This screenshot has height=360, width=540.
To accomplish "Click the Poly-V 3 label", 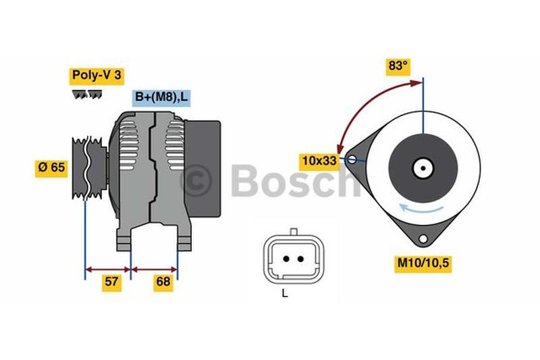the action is pos(97,76).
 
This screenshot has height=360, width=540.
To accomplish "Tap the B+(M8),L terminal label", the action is pos(161,97).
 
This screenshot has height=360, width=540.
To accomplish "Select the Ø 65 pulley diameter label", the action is pos(51,168).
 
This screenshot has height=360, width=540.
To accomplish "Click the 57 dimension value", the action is pos(111,282).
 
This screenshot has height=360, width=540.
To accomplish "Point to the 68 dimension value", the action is pos(163,282).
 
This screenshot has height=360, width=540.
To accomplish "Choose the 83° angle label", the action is pos(398,66).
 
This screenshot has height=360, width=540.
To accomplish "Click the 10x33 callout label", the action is pos(319,161).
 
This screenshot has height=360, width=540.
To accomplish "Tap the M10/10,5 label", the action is pos(423,263).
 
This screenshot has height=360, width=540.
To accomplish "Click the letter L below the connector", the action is pos(284,294).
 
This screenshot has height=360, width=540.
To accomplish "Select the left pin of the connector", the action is pos(286,259).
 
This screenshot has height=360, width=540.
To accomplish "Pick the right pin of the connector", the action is pos(300,259).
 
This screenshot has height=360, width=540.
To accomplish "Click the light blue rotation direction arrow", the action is pos(421,209).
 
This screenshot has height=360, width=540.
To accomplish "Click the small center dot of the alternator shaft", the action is pos(423,168).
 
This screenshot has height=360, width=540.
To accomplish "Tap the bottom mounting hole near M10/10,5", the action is pos(423,238).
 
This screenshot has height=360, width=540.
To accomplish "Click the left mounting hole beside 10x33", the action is pos(352,159).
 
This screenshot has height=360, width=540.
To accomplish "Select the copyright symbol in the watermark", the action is pos(195,180).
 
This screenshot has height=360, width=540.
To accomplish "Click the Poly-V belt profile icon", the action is pos(87,95).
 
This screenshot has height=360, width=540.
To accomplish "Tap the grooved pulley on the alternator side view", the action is pos(89,168).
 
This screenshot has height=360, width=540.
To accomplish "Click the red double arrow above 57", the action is pos(108,269).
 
